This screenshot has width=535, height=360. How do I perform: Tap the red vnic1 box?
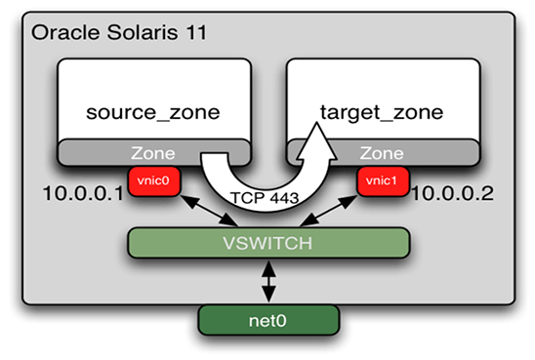click(382, 181)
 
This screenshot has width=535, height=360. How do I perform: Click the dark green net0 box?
click(268, 318)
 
